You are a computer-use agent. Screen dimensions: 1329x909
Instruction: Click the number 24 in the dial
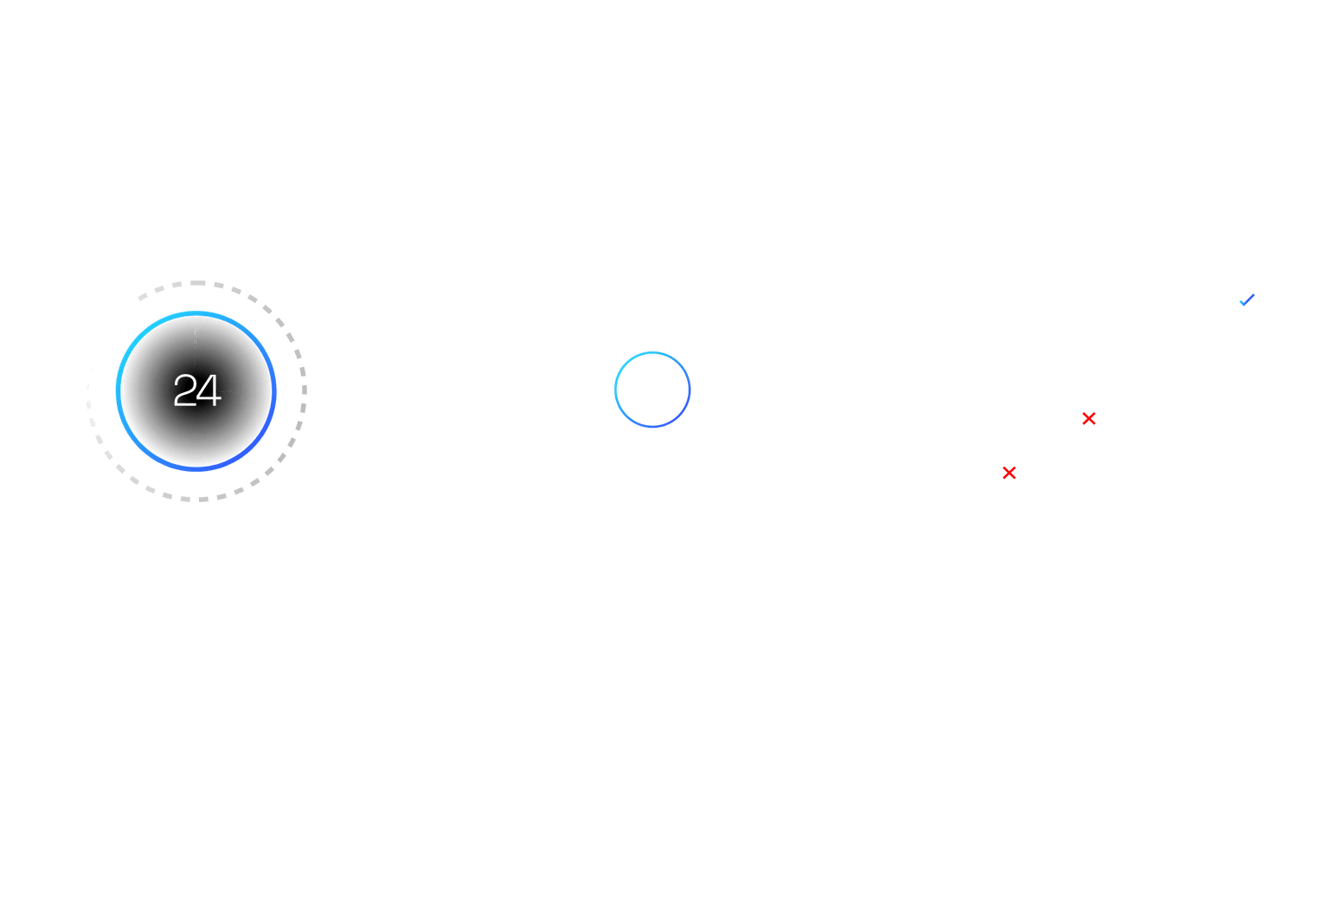tap(197, 390)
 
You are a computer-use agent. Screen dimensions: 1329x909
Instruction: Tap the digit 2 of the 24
tap(184, 390)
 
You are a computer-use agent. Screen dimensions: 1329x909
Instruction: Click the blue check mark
tap(1247, 300)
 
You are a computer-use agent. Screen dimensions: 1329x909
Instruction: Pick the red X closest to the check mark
tap(1088, 419)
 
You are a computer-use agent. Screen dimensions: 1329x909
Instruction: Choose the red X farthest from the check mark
tap(1009, 473)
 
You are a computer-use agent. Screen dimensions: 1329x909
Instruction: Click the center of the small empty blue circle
tap(652, 390)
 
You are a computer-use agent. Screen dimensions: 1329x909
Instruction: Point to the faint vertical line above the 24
tap(196, 351)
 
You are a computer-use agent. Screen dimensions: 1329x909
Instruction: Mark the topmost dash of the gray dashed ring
tap(197, 283)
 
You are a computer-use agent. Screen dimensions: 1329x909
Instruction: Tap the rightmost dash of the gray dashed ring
tap(305, 390)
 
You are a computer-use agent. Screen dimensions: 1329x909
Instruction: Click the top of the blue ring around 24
tap(196, 313)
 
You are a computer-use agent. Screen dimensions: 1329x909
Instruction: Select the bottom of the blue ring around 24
tap(196, 469)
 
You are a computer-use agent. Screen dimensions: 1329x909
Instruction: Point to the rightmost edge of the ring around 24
tap(274, 391)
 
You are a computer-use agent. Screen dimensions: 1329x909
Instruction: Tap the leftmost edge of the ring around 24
tap(118, 391)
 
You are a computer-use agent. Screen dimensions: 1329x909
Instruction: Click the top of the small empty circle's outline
tap(652, 352)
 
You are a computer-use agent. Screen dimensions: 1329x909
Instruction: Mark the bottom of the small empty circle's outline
tap(652, 426)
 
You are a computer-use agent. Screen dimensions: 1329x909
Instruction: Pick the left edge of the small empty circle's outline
tap(615, 390)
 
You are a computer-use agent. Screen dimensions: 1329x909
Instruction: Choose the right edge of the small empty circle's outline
tap(690, 390)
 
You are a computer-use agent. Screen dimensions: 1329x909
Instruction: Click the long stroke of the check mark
tap(1249, 300)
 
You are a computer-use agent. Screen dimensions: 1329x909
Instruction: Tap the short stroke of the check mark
tap(1242, 303)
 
